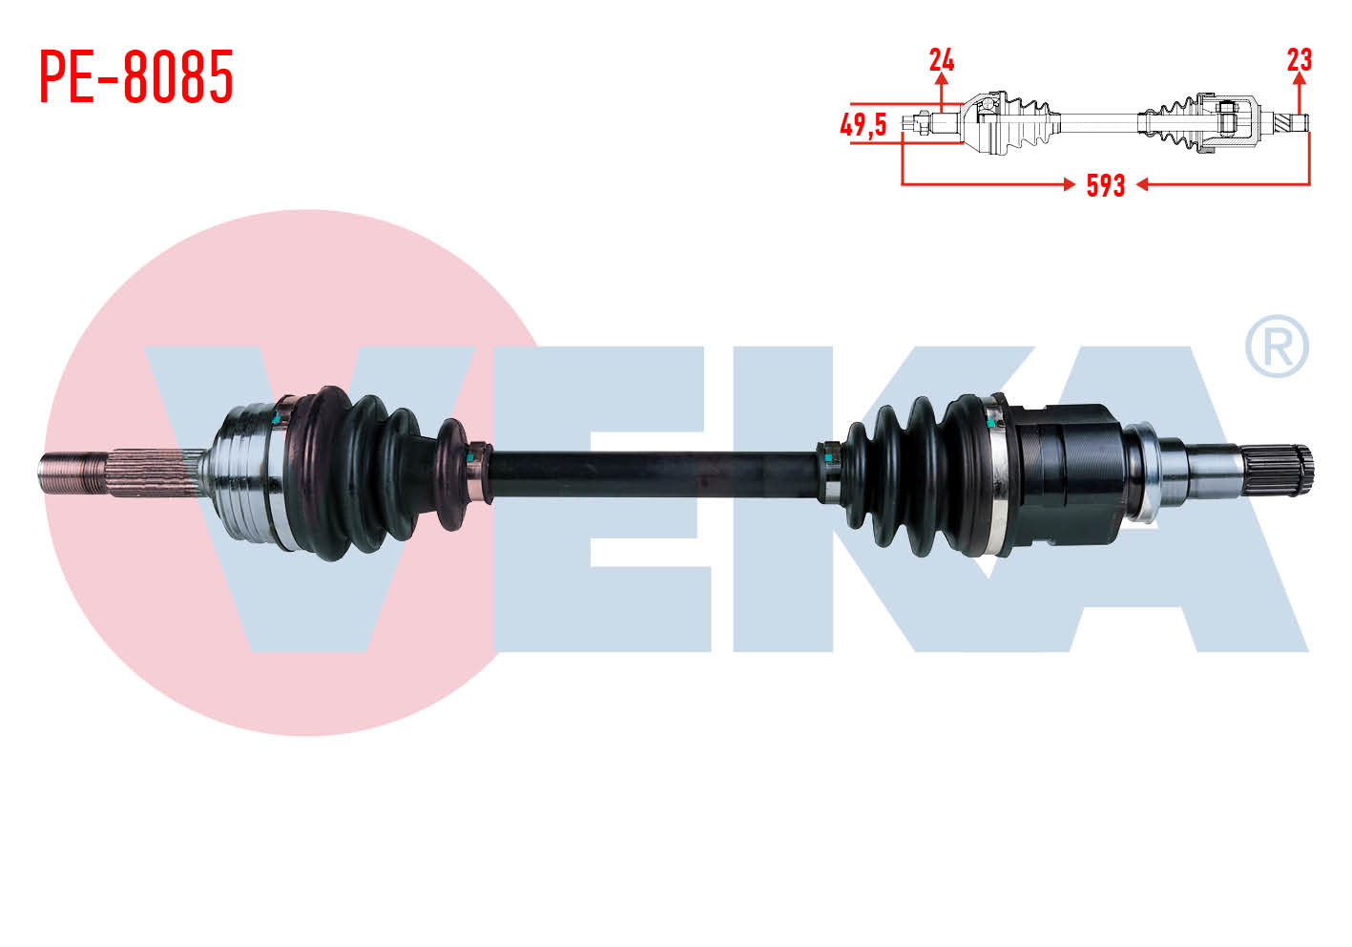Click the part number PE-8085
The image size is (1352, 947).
pos(136,76)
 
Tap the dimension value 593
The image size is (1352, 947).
pos(1106,185)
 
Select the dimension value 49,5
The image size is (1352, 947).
pos(863,125)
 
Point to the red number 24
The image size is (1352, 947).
pos(942,60)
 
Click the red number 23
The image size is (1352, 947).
pos(1300,60)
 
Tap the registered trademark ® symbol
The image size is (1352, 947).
pos(1277,347)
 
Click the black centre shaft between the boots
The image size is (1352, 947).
pos(655,474)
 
